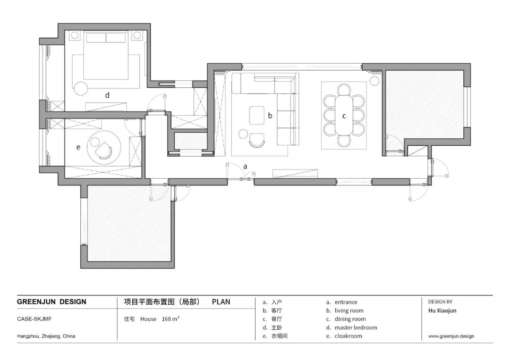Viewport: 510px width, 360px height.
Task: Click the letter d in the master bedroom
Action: pyautogui.click(x=107, y=95)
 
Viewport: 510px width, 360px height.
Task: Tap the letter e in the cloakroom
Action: pyautogui.click(x=78, y=147)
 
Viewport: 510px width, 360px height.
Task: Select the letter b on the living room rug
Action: pyautogui.click(x=270, y=115)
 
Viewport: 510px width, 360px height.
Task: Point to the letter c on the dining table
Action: pyautogui.click(x=344, y=116)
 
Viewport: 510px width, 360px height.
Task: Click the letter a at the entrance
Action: pyautogui.click(x=245, y=167)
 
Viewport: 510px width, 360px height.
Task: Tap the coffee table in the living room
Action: pyautogui.click(x=256, y=115)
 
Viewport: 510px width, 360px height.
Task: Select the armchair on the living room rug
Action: pyautogui.click(x=257, y=141)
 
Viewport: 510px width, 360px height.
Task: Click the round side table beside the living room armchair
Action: pyautogui.click(x=243, y=134)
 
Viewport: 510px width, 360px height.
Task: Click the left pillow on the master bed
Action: pyautogui.click(x=96, y=37)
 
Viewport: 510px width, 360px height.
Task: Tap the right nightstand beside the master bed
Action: pyautogui.click(x=137, y=35)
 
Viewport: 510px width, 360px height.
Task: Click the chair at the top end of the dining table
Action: pyautogui.click(x=344, y=89)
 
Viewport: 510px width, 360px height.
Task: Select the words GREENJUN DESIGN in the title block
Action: pyautogui.click(x=51, y=302)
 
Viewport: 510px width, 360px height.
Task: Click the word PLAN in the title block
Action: pyautogui.click(x=221, y=302)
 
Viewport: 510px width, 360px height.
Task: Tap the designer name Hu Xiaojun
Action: pyautogui.click(x=442, y=310)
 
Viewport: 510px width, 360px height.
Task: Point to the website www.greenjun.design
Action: pyautogui.click(x=451, y=336)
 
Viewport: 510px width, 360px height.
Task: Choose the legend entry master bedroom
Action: pyautogui.click(x=356, y=327)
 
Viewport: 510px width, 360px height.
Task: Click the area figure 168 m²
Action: pyautogui.click(x=171, y=319)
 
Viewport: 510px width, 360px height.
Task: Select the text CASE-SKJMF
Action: pyautogui.click(x=34, y=319)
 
